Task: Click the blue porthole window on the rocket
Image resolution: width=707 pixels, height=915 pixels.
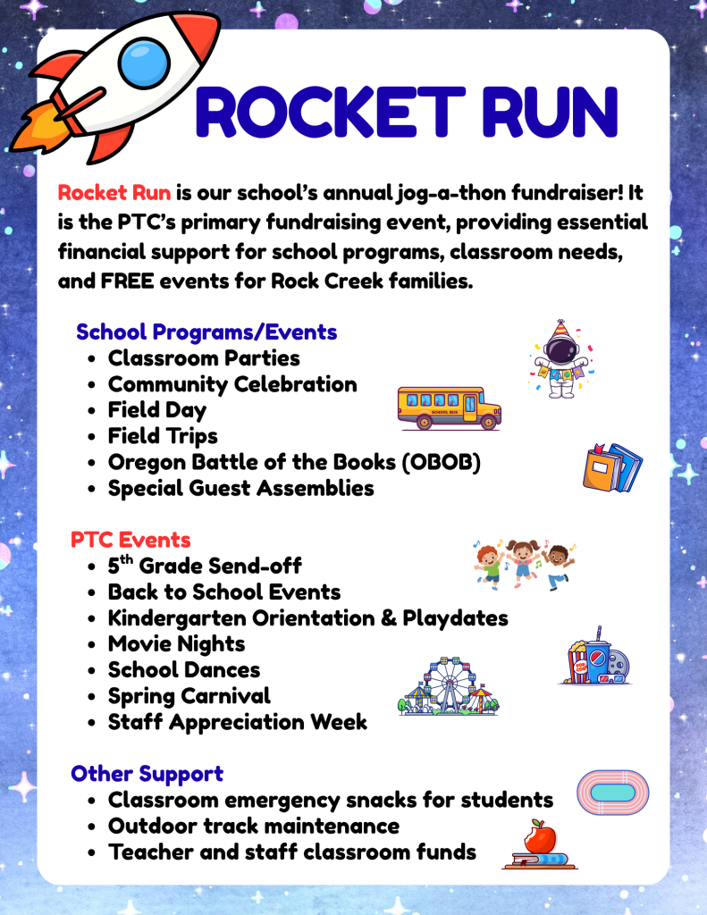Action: tap(144, 63)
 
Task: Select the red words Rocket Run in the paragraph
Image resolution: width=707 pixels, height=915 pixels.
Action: tap(114, 193)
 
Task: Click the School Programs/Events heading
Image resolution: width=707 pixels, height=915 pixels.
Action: tap(206, 332)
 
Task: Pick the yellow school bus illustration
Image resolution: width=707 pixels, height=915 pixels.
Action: tap(449, 407)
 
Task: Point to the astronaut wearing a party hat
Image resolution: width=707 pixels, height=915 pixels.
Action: tap(561, 359)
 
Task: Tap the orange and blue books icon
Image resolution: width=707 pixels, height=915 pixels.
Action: tap(612, 467)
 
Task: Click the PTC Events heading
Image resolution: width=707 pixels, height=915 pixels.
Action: tap(130, 540)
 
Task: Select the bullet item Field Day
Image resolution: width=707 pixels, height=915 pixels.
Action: tap(157, 410)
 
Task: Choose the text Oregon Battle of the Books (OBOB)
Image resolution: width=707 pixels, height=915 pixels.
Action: tap(294, 462)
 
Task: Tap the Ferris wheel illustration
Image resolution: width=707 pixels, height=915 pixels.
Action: tap(449, 685)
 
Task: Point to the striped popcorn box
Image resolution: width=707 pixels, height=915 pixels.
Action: tap(578, 663)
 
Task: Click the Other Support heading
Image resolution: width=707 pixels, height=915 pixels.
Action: tap(147, 774)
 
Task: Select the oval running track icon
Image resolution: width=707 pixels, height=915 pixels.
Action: tap(612, 793)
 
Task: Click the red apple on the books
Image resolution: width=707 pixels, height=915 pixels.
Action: tap(540, 836)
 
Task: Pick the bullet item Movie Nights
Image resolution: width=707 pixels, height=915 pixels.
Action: tap(176, 644)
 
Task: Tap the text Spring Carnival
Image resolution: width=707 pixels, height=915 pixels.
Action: tap(189, 696)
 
